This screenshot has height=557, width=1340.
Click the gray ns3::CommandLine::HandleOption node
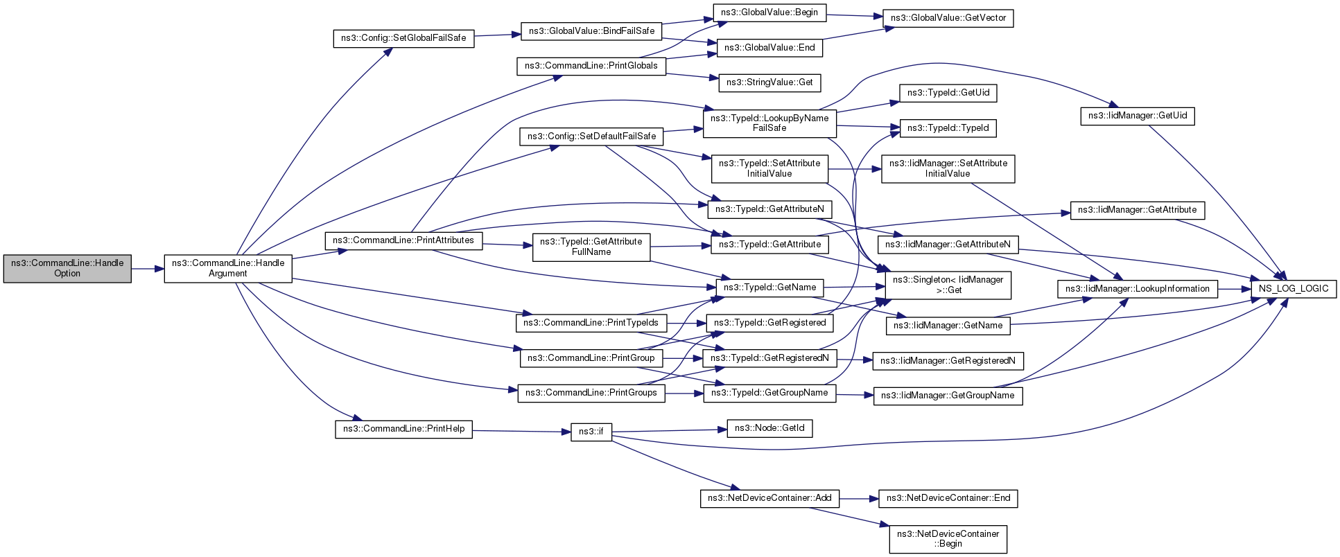67,268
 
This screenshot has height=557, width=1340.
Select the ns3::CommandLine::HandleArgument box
228,268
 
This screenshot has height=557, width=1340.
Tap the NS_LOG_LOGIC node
1294,289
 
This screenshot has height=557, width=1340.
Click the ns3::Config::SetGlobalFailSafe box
403,37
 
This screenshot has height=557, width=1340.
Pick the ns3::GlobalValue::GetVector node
948,18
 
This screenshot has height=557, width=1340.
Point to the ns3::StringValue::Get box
769,82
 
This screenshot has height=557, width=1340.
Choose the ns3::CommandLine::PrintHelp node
403,429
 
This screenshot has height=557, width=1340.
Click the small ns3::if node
591,432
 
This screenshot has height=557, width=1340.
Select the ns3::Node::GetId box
769,428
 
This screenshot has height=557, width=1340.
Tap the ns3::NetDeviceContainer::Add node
769,498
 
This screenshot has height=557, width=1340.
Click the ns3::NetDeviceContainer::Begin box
948,539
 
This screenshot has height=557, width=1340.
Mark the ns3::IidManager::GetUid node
1138,116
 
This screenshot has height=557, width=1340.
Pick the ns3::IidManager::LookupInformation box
1138,289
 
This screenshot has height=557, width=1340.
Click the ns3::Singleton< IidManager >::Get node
948,285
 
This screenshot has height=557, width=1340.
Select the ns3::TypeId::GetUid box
948,93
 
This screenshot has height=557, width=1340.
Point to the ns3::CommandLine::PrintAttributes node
403,240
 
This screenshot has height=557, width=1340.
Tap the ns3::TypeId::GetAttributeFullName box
591,247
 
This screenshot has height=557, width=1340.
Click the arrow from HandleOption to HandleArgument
148,268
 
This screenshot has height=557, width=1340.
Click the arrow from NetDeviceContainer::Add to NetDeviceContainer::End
859,498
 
